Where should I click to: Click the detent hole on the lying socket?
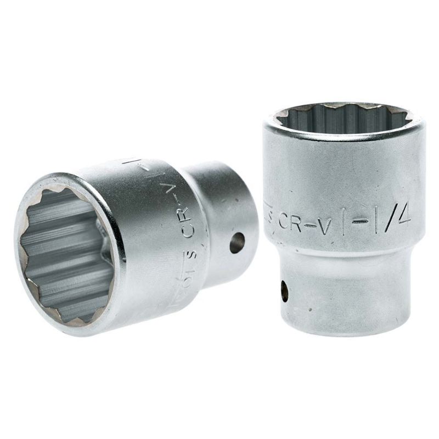pos(237,241)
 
